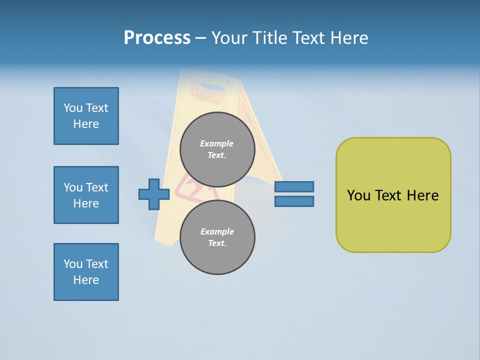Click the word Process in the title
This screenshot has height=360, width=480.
(157, 37)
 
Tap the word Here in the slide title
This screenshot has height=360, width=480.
(348, 37)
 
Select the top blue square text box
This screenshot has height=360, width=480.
(86, 116)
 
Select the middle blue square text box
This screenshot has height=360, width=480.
(86, 195)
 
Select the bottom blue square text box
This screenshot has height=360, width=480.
(86, 272)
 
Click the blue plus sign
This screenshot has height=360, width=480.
(153, 194)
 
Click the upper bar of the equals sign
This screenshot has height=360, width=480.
(294, 186)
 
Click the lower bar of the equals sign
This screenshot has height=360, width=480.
(294, 201)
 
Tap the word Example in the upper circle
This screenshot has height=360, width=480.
(217, 143)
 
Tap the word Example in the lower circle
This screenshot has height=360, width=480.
(217, 231)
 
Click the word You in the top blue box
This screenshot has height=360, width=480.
(73, 108)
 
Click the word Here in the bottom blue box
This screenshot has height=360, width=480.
(86, 280)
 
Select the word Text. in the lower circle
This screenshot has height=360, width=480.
(217, 243)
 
